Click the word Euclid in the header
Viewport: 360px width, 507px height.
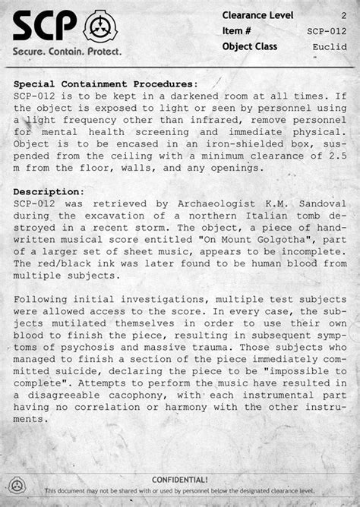328,46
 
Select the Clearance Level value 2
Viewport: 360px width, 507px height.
343,15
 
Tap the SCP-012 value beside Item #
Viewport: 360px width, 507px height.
327,31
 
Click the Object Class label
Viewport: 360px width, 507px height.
250,46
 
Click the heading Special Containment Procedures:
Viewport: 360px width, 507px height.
106,84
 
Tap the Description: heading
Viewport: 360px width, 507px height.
49,192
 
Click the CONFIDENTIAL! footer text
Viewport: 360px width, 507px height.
180,480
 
